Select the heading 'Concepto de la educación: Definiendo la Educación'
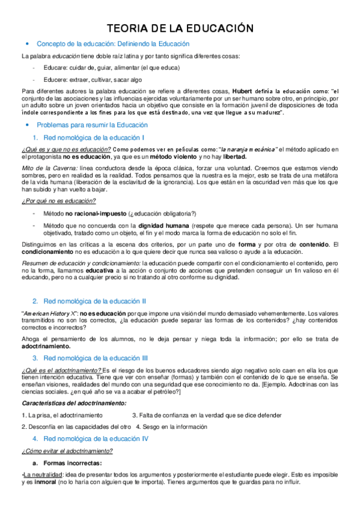point(113,44)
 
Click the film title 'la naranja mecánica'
point(247,149)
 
